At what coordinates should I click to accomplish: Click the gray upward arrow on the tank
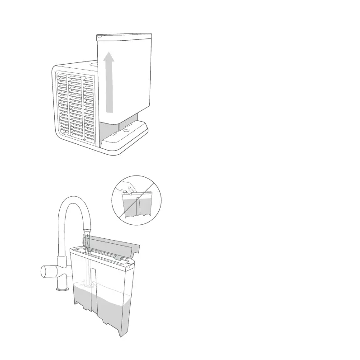coord(109,86)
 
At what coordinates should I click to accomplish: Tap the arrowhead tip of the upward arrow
coord(109,52)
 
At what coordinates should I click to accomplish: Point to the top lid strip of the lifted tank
coord(124,35)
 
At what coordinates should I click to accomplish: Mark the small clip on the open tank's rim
coord(118,257)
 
